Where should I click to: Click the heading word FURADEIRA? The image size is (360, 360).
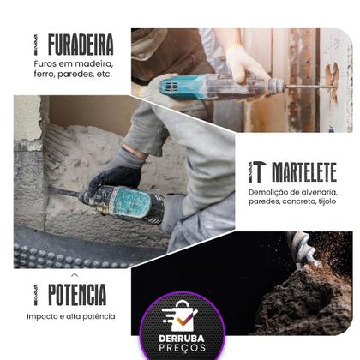point(81,44)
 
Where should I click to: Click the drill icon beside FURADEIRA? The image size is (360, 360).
point(37,44)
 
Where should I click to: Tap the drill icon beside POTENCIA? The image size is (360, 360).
point(37,295)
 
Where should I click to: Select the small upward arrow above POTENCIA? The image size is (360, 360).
point(74,274)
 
